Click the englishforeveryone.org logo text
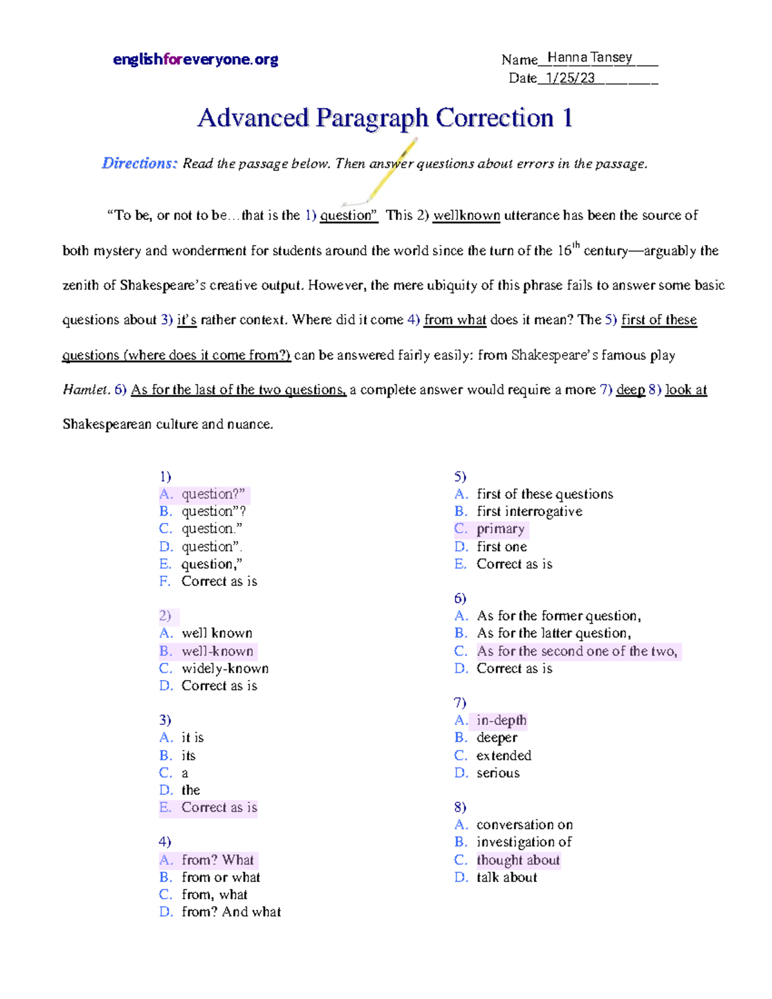tap(195, 60)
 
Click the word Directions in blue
tap(139, 163)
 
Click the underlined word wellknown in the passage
tap(466, 215)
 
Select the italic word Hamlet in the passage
tap(86, 390)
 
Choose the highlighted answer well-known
tap(217, 651)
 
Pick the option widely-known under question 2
tap(225, 668)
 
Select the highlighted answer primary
tap(500, 529)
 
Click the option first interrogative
tap(529, 511)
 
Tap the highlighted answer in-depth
tap(501, 720)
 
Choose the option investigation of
tap(524, 842)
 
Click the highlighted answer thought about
tap(518, 860)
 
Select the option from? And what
tap(231, 912)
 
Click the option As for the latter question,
tap(553, 634)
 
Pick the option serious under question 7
tap(498, 773)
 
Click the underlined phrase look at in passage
tap(686, 390)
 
